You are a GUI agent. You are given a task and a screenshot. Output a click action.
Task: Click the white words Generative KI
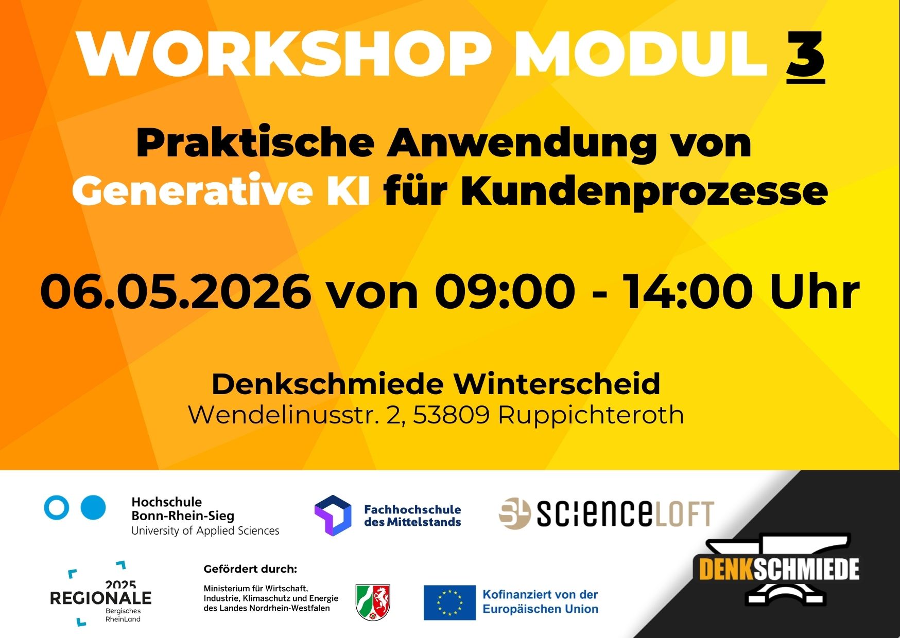[221, 191]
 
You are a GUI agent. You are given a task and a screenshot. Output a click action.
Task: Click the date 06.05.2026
[176, 292]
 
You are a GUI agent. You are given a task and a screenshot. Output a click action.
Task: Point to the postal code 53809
[451, 415]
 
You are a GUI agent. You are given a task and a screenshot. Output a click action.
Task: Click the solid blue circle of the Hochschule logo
[94, 507]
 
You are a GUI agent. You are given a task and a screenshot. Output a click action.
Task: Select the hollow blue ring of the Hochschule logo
[57, 507]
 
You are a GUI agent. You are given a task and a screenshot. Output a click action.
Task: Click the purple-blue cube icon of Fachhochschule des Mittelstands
[333, 516]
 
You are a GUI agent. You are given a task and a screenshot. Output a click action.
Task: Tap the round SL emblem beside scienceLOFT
[514, 513]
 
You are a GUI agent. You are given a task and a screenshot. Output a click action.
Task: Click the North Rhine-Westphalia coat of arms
[373, 602]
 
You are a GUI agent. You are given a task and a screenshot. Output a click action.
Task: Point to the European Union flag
[449, 602]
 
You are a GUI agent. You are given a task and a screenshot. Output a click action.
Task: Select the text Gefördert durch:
[250, 570]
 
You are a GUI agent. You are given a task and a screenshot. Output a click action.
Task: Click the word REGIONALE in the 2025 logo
[101, 598]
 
